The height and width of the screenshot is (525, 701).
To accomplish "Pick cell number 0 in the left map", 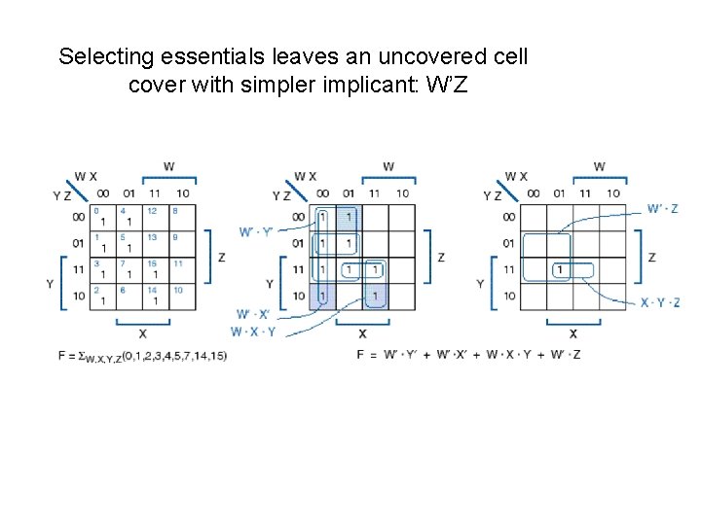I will pos(102,216).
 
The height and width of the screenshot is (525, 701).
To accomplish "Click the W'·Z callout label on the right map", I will pos(662,209).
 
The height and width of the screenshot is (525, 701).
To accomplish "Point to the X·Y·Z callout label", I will pos(660,302).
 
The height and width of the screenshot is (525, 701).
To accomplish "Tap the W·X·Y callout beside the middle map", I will pos(253,331).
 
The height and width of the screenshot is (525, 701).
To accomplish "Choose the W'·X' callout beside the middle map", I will pos(252,314).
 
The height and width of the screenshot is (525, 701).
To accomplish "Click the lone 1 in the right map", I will pos(561,269).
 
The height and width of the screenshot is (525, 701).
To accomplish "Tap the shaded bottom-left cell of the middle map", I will pos(322,296).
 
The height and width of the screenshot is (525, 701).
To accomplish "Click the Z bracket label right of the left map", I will pos(221,258).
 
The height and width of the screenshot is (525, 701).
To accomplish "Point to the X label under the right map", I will pos(572,333).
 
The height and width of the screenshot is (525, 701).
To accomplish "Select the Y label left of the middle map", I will pos(270,284).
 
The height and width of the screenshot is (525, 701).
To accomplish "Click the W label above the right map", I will pos(599,166).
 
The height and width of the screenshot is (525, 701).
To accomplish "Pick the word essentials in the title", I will pos(179,56).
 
